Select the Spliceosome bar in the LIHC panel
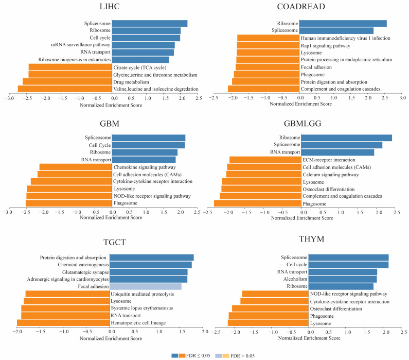tap(149, 23)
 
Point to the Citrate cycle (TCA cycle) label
tap(139, 67)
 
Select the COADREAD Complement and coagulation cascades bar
tap(263, 89)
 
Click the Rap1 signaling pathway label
tap(328, 45)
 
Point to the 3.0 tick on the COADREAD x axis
tap(403, 98)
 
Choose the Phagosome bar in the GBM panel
tap(69, 203)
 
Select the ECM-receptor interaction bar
tap(264, 160)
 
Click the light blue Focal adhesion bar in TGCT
tap(146, 286)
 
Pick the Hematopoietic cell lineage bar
tap(64, 322)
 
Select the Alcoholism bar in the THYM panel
tap(343, 279)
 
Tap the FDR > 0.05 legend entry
tap(239, 355)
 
